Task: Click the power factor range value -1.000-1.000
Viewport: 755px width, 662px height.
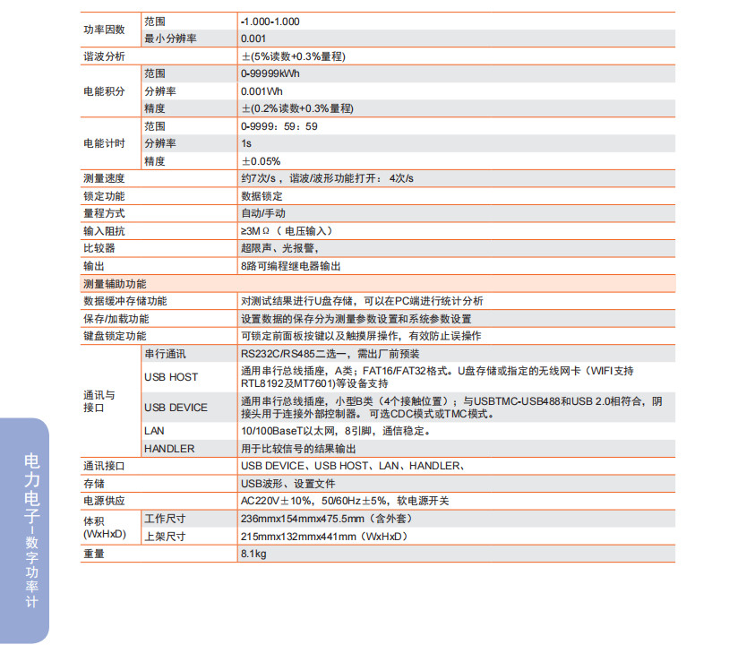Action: pos(270,21)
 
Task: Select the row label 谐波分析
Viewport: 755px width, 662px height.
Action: pos(104,56)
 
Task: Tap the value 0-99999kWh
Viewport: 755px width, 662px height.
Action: pos(270,73)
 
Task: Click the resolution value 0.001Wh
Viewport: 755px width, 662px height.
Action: pos(262,91)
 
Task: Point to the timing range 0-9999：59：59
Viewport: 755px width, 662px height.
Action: pos(279,126)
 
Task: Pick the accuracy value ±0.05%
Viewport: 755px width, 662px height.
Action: pos(261,161)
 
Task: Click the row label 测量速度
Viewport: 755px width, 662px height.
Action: pos(104,178)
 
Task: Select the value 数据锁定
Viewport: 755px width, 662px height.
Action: pos(262,196)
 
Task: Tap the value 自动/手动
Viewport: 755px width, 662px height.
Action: pos(263,213)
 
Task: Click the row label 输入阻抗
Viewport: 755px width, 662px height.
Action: pos(104,231)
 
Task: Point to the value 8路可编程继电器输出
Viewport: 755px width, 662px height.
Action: pos(290,266)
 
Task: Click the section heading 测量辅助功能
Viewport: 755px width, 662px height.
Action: pos(115,284)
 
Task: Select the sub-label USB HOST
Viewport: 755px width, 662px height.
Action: pos(171,377)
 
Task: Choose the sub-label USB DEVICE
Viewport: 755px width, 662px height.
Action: pos(176,408)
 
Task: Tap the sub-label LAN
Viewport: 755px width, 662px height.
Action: pos(154,431)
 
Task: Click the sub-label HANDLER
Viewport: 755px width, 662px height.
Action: pos(168,449)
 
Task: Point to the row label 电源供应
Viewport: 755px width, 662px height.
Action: pos(104,501)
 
